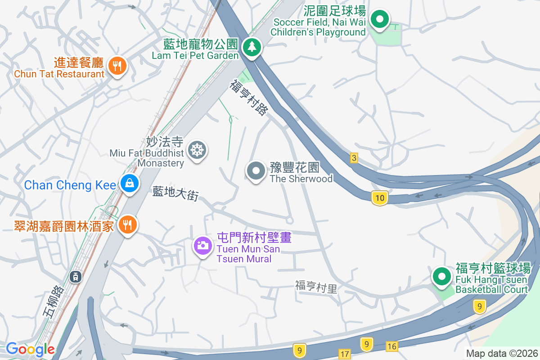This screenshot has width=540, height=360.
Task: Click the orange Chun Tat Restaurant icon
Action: [x=117, y=67]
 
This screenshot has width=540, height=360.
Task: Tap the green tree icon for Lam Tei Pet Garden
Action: [x=252, y=47]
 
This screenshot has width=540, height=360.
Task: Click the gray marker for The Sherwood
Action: [x=256, y=171]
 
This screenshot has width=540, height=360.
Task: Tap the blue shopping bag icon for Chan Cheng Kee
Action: [x=129, y=184]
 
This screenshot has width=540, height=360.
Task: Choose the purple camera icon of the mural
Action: [x=203, y=245]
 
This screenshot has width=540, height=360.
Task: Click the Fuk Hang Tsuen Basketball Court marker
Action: [x=441, y=276]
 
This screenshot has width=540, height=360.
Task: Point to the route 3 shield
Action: [x=354, y=158]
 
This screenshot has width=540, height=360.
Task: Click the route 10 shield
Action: [x=380, y=198]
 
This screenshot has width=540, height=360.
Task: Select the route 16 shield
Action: [x=392, y=346]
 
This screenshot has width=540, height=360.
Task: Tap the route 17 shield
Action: [x=345, y=354]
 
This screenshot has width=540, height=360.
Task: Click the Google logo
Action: [x=30, y=349]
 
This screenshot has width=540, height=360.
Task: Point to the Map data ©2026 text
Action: [x=501, y=354]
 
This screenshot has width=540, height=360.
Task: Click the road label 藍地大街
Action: [x=175, y=194]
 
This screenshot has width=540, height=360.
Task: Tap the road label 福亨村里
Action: [x=316, y=287]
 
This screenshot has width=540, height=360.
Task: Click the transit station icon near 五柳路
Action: [x=76, y=276]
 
